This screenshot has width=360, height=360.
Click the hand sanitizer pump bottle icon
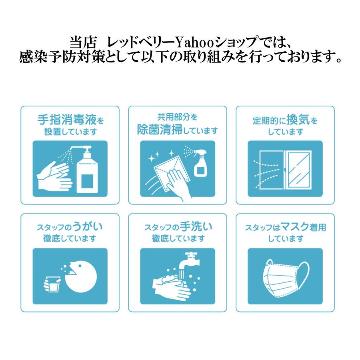coord(85,171)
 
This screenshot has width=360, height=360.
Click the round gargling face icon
coord(81,276)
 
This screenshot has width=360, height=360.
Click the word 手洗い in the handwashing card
coord(198,227)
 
